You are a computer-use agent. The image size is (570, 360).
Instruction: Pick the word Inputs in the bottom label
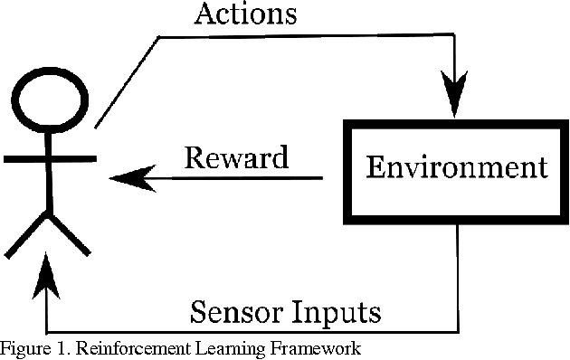click(340, 313)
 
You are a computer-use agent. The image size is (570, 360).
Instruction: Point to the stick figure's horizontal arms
click(51, 159)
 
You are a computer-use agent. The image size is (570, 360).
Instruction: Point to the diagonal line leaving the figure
click(127, 81)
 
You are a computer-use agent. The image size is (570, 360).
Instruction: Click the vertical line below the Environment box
click(460, 276)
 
